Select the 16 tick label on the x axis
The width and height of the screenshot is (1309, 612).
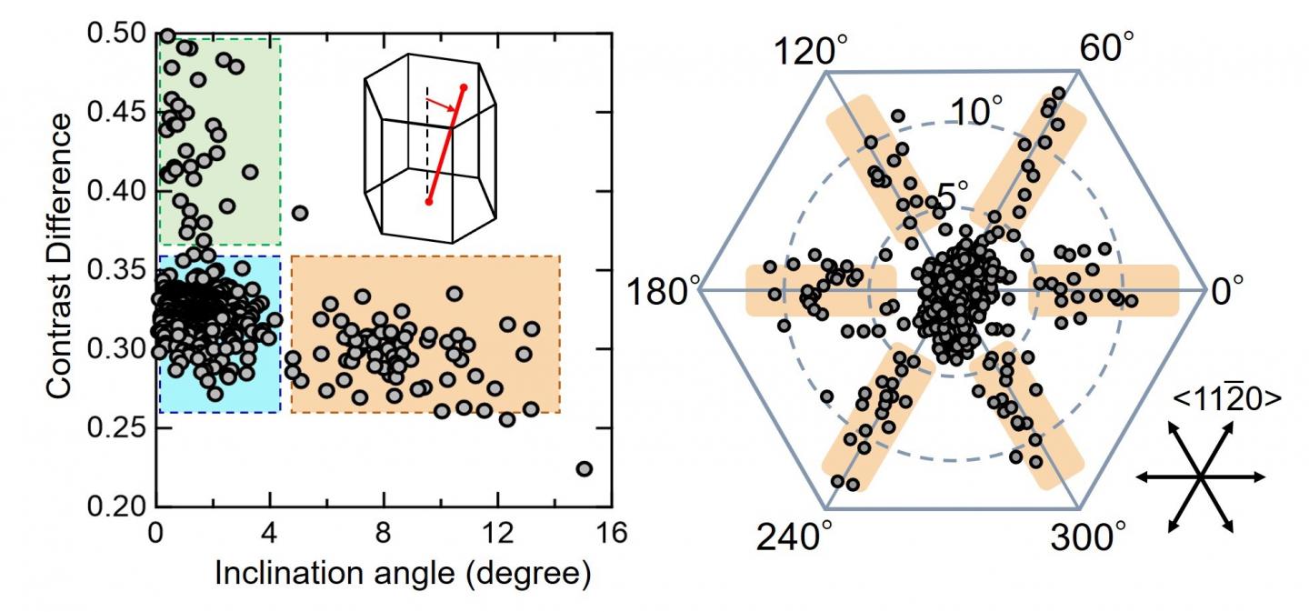point(612,534)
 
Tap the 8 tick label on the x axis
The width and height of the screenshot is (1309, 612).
point(384,534)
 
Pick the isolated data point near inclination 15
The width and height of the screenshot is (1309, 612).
point(585,468)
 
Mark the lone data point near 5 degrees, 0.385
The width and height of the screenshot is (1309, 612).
point(300,213)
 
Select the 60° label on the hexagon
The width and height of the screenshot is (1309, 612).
point(1106,47)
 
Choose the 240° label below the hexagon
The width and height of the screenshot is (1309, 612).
point(793,538)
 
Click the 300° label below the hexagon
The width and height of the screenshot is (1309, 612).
point(1086,538)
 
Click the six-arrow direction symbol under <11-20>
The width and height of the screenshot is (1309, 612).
point(1200,477)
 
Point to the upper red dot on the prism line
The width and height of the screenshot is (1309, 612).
point(464,88)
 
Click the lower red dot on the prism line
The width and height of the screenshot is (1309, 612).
point(428,201)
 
